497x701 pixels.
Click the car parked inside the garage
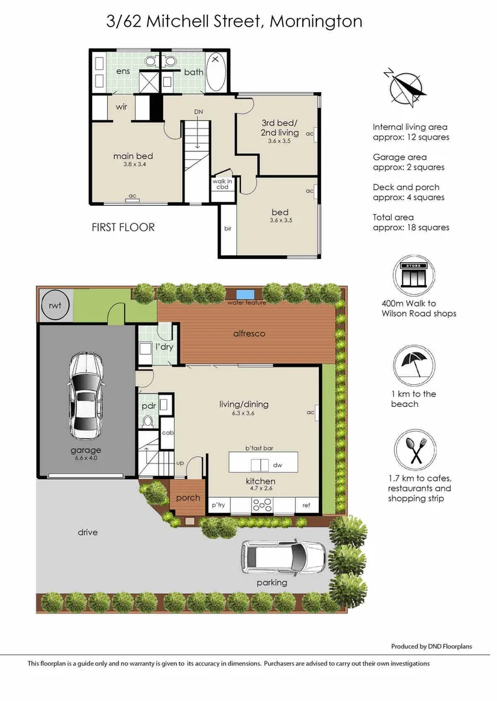point(86,397)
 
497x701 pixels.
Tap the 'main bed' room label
point(133,156)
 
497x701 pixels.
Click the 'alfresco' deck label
point(249,334)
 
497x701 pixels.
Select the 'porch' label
point(188,498)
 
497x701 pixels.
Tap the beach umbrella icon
point(414,363)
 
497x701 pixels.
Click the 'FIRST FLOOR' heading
point(123,227)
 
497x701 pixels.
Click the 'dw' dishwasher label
point(277,465)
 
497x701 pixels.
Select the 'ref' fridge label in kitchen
point(306,506)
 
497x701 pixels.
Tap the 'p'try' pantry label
point(217,506)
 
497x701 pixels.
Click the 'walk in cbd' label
point(222,184)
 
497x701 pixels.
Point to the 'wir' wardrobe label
point(121,107)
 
